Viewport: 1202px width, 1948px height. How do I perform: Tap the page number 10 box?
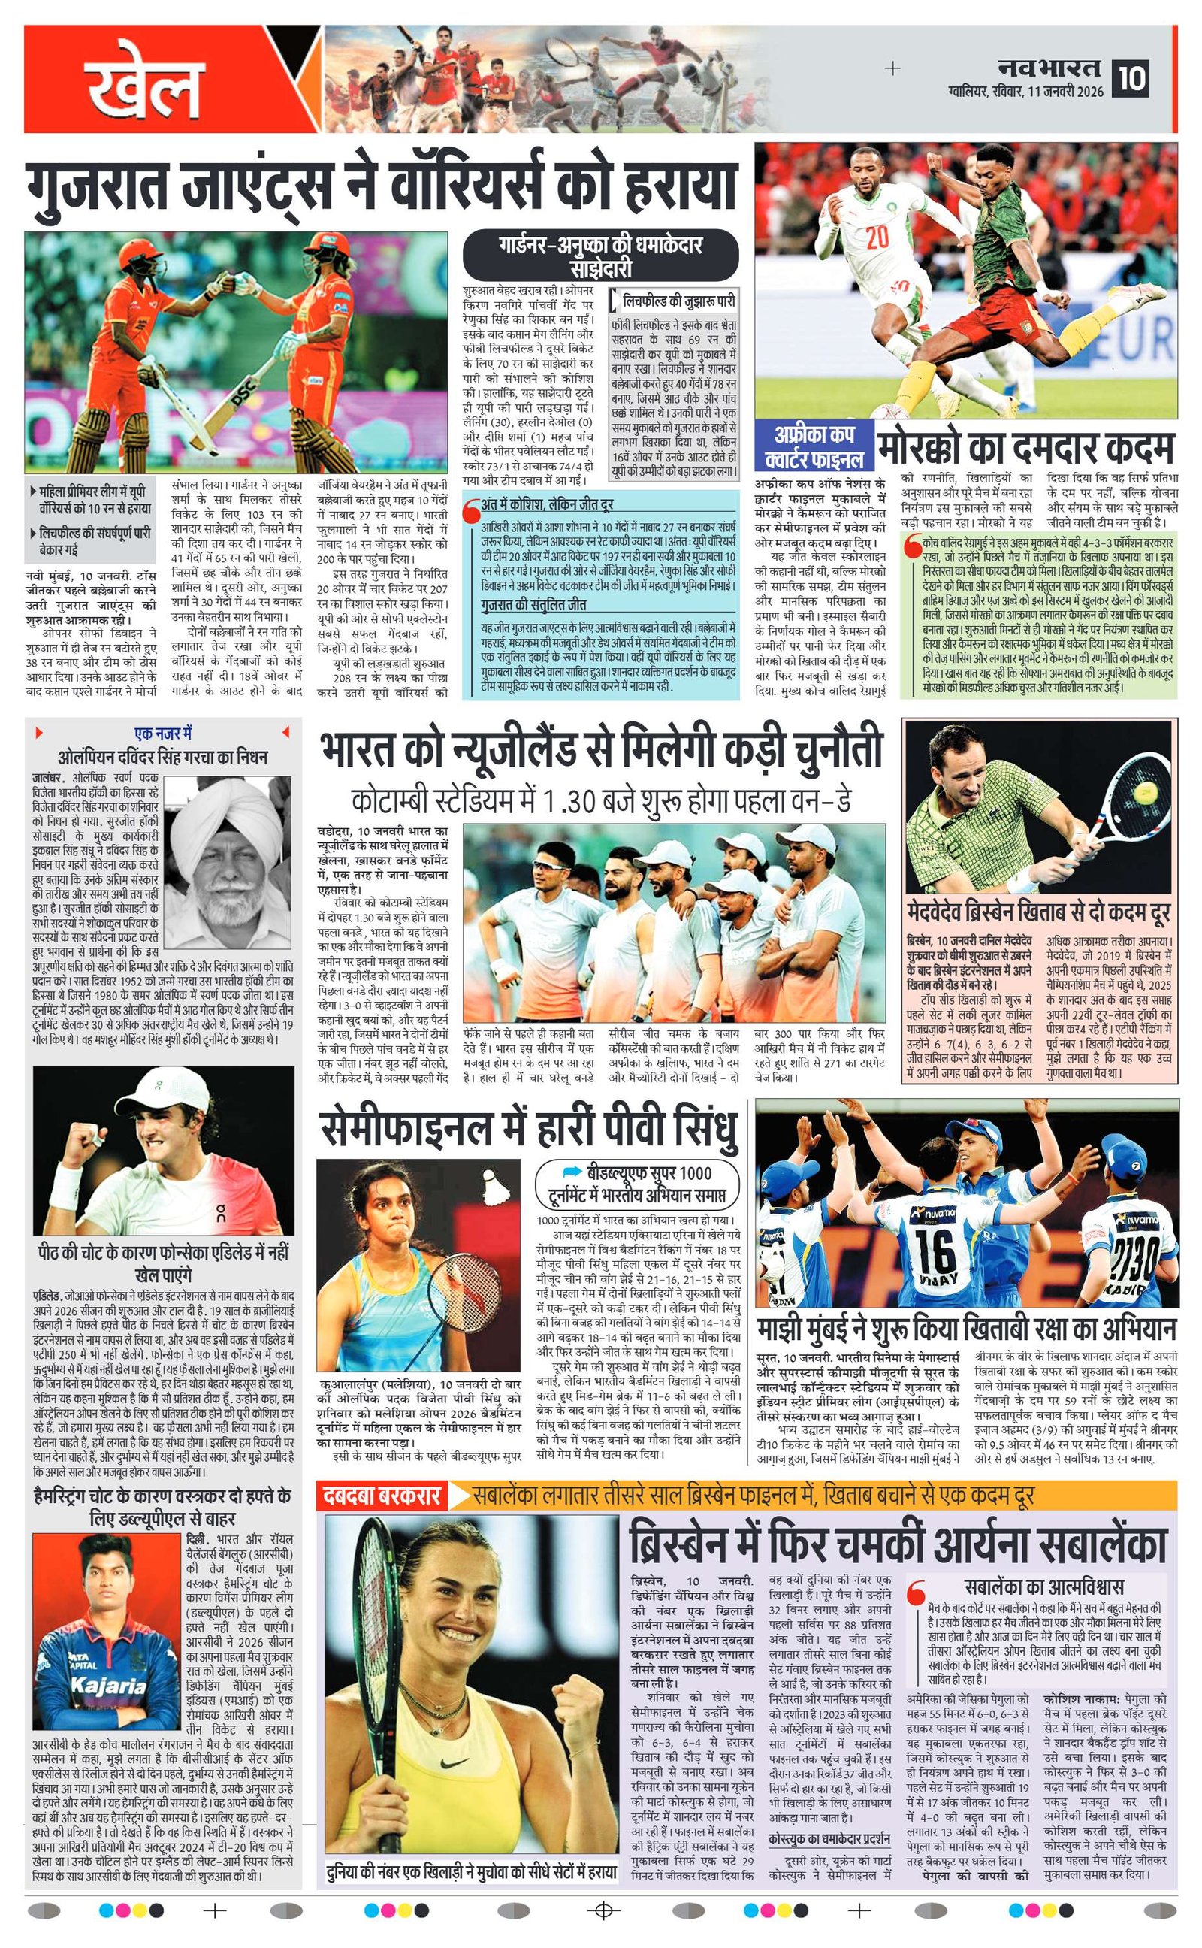point(1131,79)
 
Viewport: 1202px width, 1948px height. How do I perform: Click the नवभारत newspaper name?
point(1050,68)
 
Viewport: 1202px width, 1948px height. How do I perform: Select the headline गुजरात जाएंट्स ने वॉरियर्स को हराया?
point(379,183)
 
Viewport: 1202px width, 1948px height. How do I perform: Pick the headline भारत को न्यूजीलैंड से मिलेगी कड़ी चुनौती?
point(601,750)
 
